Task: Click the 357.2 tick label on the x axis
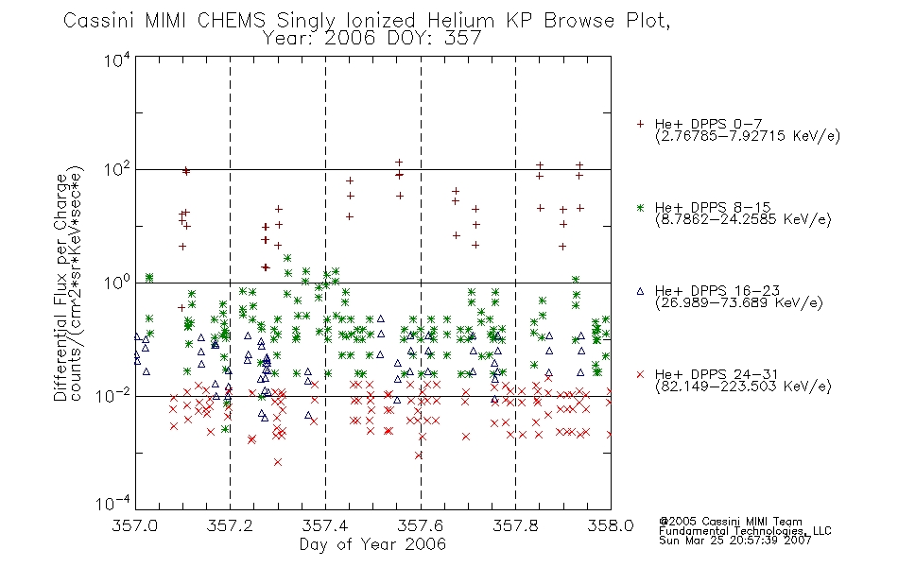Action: click(x=230, y=525)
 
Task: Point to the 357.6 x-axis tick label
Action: click(x=421, y=525)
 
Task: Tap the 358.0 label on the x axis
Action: click(x=611, y=525)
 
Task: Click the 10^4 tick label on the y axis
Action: click(x=117, y=60)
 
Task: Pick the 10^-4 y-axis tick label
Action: click(x=113, y=503)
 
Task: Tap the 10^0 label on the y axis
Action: click(x=117, y=283)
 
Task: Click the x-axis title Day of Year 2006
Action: click(x=372, y=544)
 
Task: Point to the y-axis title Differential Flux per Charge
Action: click(x=60, y=286)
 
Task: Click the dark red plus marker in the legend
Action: click(x=640, y=124)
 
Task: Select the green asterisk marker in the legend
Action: click(x=640, y=207)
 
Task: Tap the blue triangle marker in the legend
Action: click(x=640, y=291)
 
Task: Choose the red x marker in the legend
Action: click(x=640, y=374)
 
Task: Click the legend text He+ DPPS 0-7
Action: click(x=708, y=124)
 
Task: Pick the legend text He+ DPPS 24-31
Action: click(x=717, y=374)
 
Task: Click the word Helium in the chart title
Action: click(x=460, y=21)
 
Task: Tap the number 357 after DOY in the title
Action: click(x=463, y=39)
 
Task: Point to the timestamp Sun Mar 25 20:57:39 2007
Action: click(x=734, y=541)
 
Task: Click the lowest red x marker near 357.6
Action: click(x=419, y=455)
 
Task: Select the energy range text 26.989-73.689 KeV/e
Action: click(x=739, y=303)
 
